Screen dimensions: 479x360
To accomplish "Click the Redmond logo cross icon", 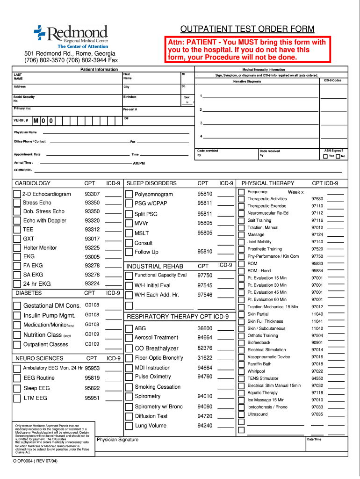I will (39, 32).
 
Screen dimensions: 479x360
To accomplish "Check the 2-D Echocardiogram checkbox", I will (17, 194).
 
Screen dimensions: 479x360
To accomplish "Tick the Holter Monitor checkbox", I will (17, 248).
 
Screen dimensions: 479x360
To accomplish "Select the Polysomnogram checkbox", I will (129, 194).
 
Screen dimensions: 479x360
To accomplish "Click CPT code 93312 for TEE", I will (92, 230).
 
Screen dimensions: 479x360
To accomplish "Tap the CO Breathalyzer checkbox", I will (129, 348).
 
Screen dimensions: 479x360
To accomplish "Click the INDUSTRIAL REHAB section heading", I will (155, 266).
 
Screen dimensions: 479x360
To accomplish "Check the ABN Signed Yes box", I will (325, 156).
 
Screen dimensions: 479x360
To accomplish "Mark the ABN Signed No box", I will (338, 156).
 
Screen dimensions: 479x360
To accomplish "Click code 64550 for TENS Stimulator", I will (317, 378).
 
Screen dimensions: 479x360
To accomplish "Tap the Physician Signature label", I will (117, 440).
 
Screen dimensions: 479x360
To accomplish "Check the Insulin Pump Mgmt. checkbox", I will (17, 315).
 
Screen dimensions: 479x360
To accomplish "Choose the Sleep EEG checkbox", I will (17, 388).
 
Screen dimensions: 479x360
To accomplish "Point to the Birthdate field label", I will (130, 97).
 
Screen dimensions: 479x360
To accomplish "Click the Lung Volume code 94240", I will (205, 426).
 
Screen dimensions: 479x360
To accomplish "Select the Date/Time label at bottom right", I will (314, 439).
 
